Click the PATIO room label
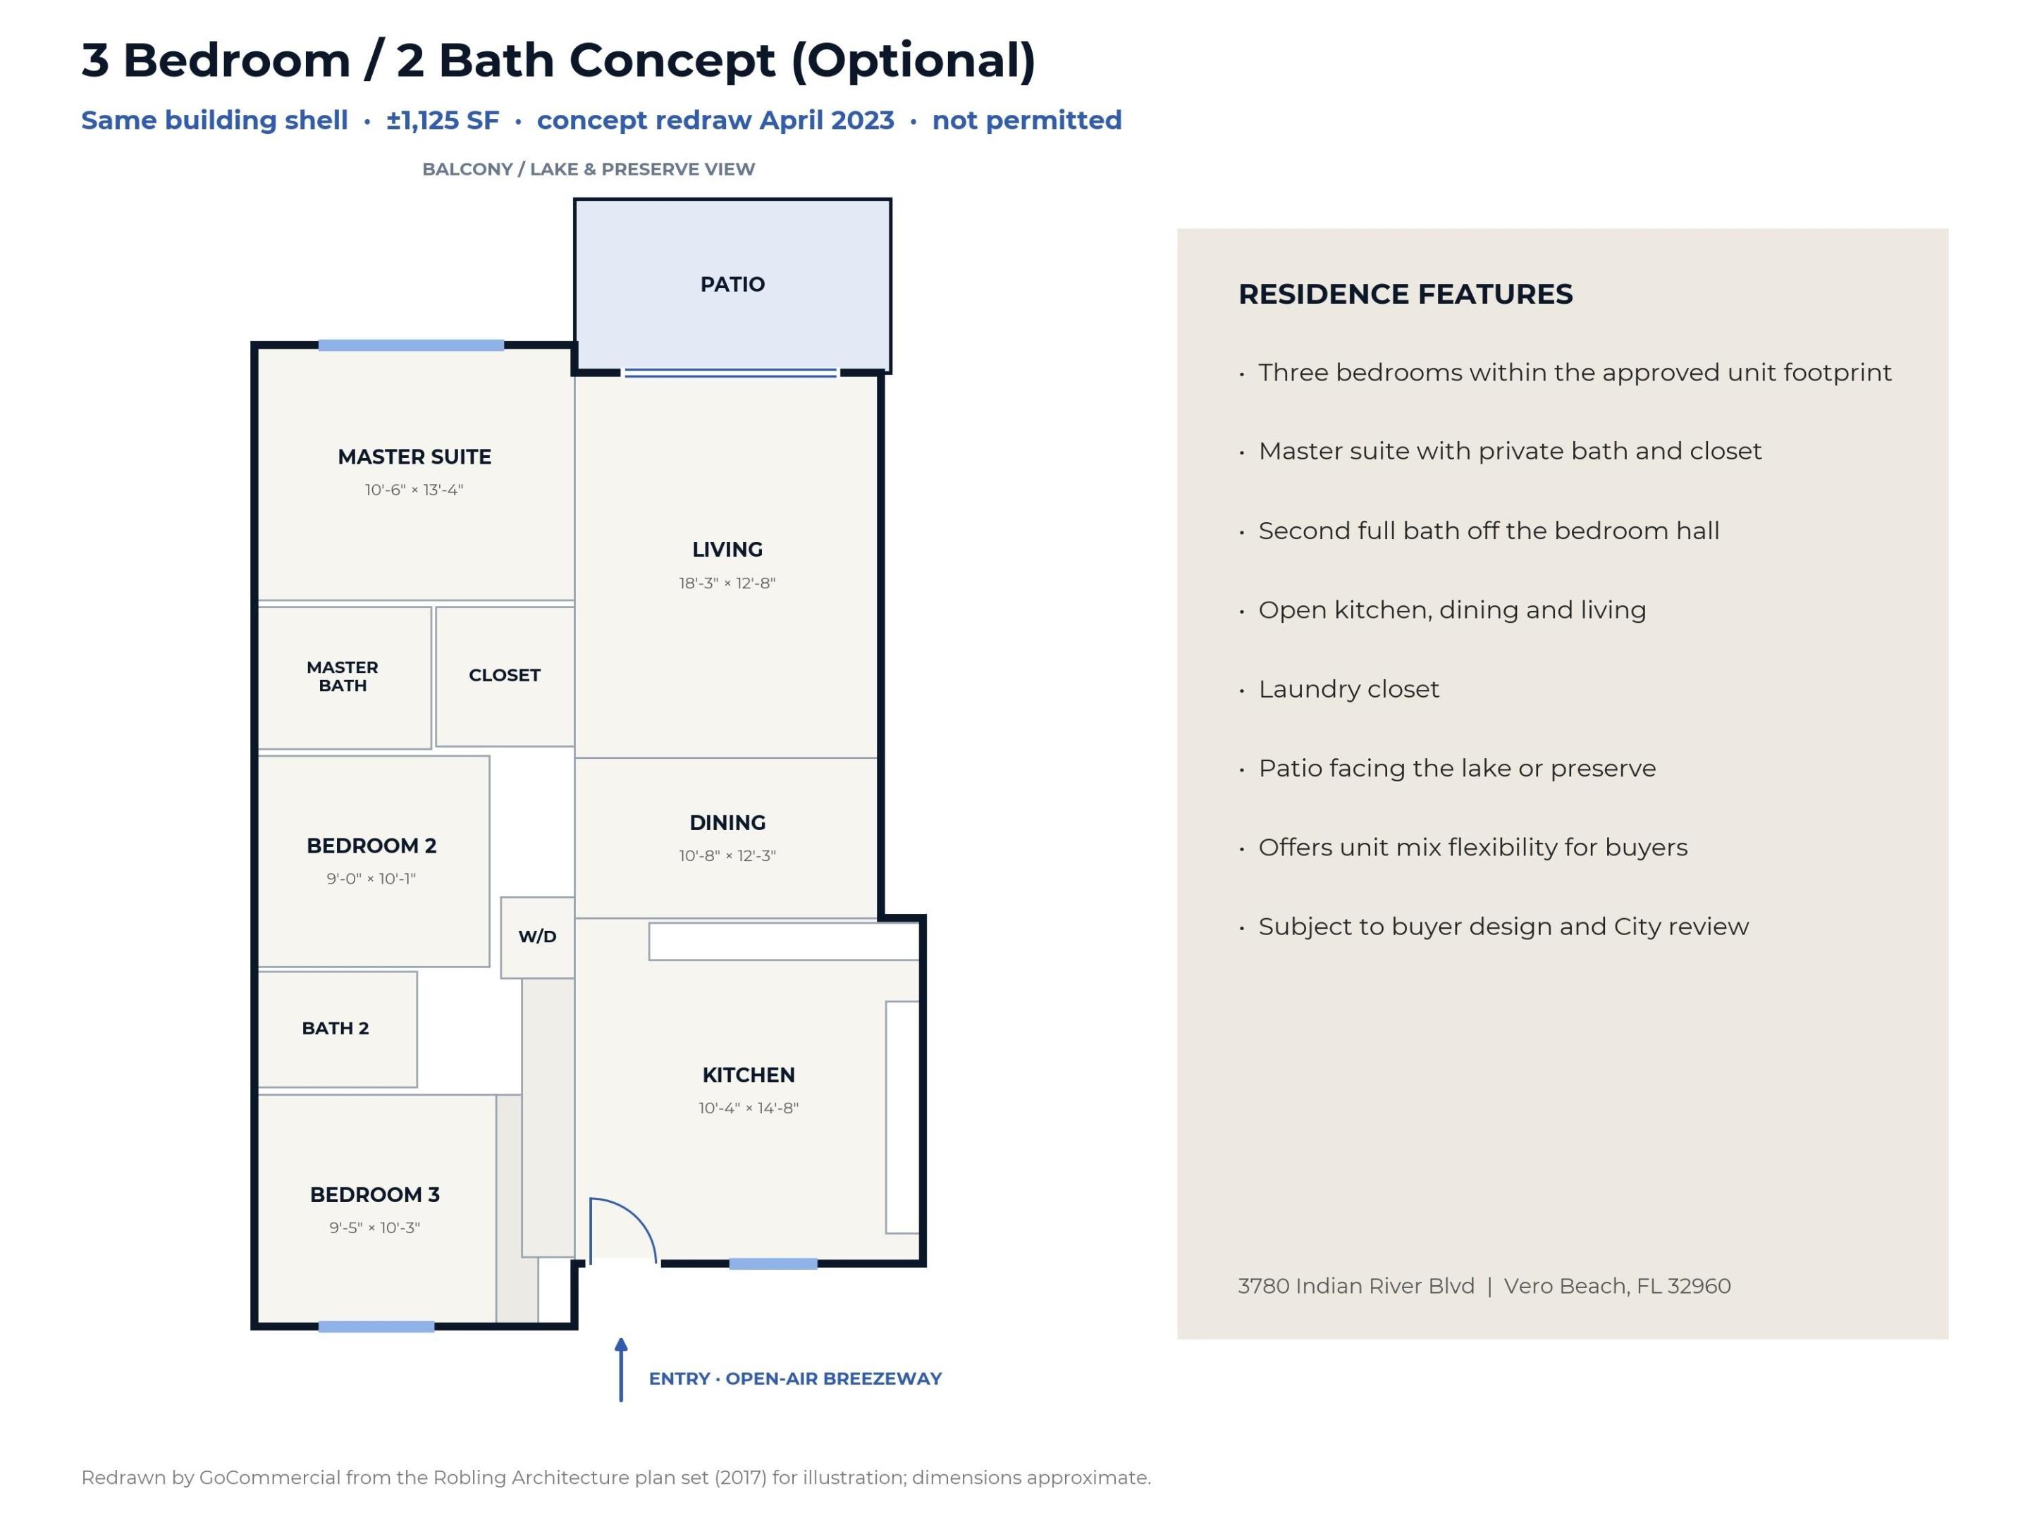732,285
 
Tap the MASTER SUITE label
414,457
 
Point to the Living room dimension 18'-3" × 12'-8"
727,583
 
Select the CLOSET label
504,675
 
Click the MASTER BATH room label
343,676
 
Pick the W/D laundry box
538,936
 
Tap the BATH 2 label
335,1029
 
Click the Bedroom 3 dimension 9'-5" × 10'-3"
374,1227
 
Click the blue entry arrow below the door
621,1370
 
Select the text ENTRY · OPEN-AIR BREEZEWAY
795,1378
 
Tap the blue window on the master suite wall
411,345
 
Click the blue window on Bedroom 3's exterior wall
376,1327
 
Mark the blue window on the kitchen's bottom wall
773,1263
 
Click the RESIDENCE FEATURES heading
1405,295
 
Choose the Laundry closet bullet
1348,689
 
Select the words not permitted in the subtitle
1027,120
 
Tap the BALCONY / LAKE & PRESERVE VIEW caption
589,169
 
